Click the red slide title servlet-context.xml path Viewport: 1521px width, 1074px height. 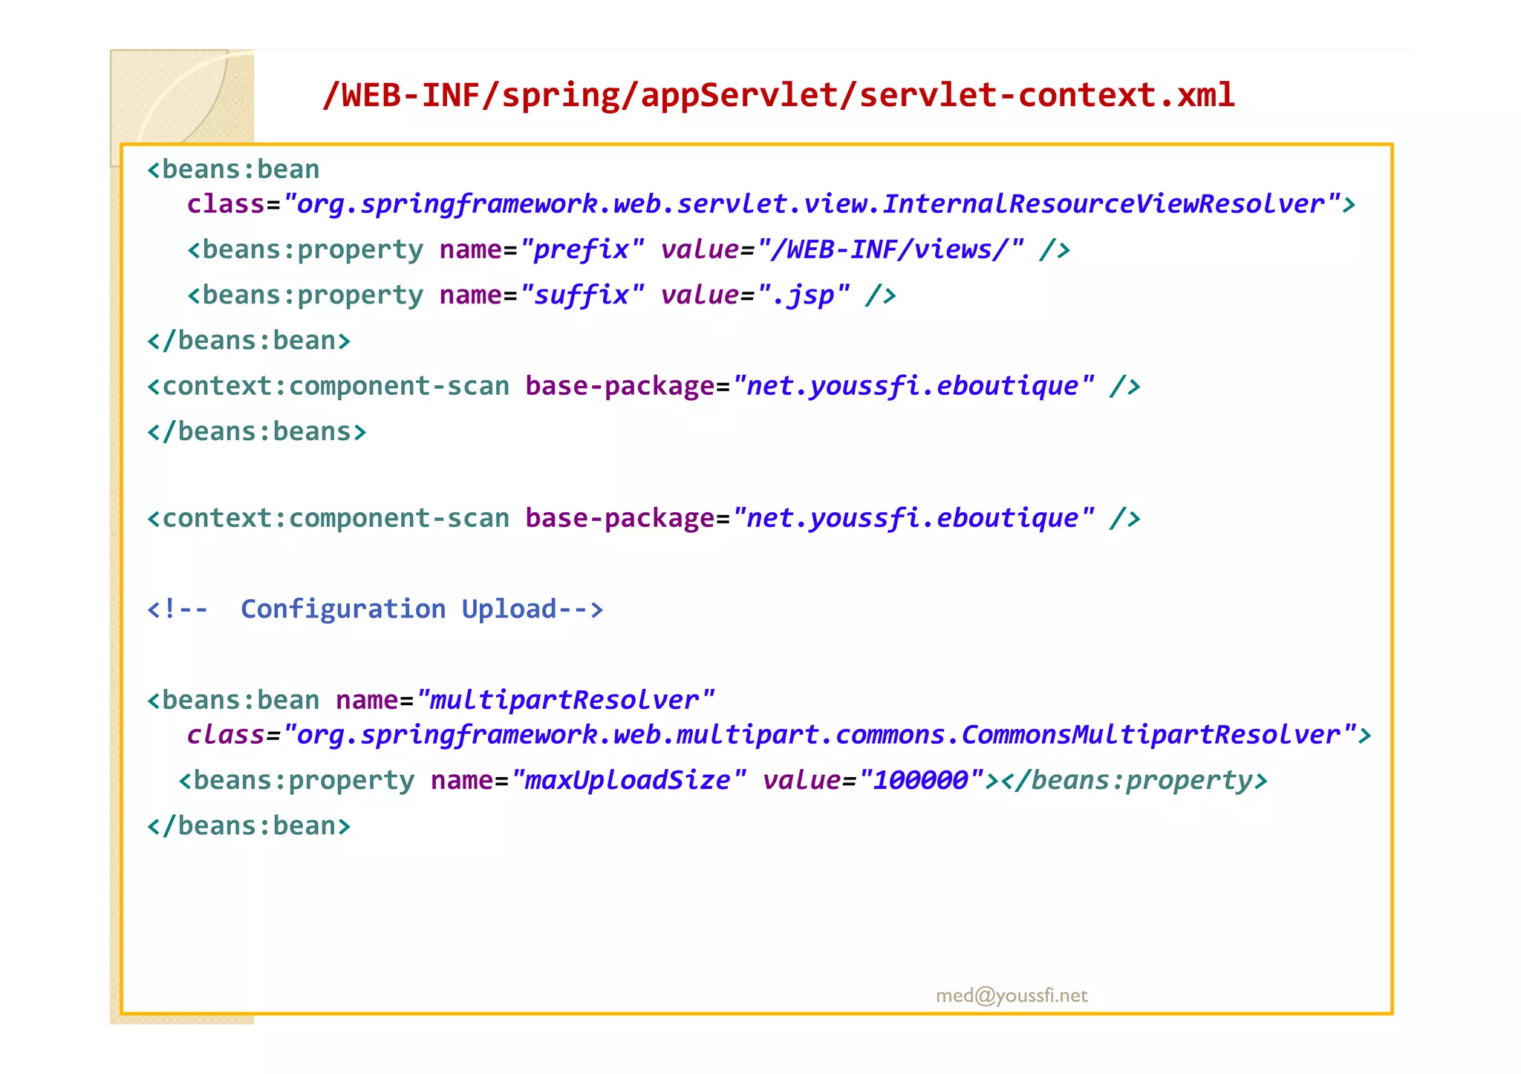coord(778,95)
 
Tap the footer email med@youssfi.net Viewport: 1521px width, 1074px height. coord(1012,995)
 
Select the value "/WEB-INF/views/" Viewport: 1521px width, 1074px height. coord(890,249)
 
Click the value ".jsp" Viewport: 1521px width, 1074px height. coord(803,295)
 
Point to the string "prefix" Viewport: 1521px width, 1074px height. coord(582,249)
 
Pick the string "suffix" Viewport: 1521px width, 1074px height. coord(582,295)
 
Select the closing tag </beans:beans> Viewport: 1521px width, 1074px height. coord(257,431)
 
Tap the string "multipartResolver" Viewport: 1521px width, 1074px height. coord(565,700)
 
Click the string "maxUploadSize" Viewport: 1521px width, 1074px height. coord(628,780)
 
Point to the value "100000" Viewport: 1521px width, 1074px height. coord(921,780)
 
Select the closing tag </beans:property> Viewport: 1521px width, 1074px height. coord(1134,780)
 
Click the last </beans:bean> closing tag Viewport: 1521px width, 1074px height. coord(249,826)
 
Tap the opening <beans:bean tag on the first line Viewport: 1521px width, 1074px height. coord(233,170)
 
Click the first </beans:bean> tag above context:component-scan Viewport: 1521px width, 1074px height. coord(249,341)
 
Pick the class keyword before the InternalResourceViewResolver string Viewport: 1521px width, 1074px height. coord(226,204)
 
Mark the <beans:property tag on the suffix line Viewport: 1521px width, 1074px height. coord(305,295)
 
